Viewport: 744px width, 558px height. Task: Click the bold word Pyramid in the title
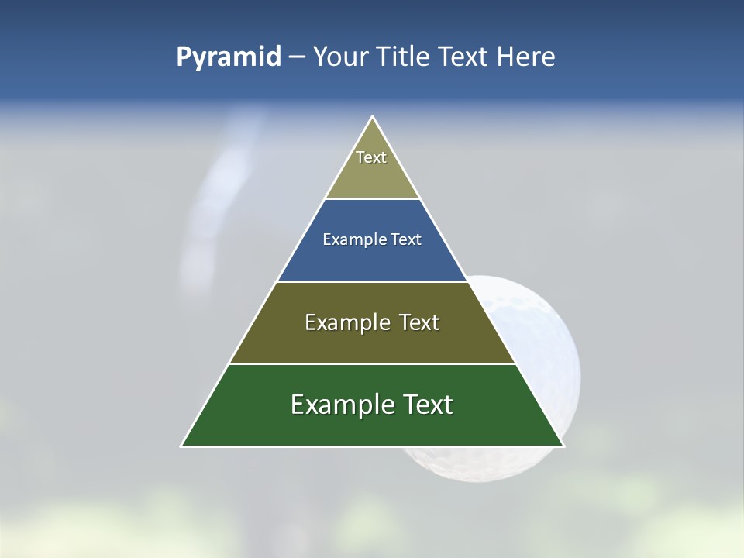[228, 57]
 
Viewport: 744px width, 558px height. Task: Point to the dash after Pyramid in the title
[296, 57]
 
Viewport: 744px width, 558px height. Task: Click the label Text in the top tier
[371, 157]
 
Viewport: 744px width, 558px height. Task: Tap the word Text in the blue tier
[406, 239]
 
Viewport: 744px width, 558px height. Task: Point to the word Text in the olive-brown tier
[418, 322]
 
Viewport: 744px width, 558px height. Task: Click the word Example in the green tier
[341, 405]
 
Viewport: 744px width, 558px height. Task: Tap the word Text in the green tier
[425, 405]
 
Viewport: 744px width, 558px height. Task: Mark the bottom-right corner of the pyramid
[563, 446]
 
